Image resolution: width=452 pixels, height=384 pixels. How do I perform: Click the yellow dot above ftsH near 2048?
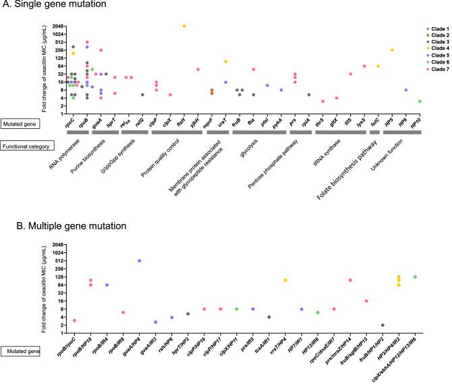click(183, 26)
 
